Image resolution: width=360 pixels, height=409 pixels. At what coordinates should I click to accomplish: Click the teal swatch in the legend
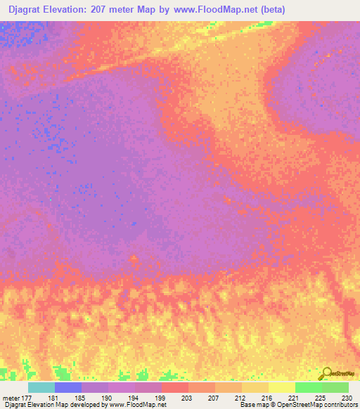tap(41, 387)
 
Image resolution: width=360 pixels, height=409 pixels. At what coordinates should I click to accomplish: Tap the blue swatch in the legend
tap(68, 387)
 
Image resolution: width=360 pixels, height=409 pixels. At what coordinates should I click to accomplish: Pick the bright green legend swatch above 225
tap(309, 387)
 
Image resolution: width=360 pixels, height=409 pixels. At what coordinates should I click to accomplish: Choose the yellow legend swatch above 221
tap(282, 387)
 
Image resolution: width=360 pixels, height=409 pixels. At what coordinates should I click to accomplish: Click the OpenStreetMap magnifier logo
tap(326, 373)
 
